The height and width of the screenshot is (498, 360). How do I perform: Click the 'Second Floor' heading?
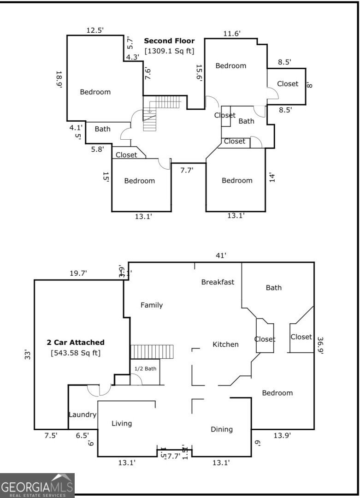click(169, 41)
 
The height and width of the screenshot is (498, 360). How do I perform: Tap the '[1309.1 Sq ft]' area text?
click(169, 51)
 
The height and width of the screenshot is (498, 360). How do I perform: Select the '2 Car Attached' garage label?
click(76, 342)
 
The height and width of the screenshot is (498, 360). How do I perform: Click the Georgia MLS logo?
click(37, 486)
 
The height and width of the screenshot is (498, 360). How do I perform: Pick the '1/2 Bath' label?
click(145, 368)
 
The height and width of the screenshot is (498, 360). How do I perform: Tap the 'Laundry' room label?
click(83, 415)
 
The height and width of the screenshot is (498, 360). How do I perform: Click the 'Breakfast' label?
click(218, 282)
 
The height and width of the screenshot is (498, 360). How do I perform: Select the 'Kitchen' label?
click(225, 344)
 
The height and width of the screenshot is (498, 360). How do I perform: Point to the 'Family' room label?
click(151, 305)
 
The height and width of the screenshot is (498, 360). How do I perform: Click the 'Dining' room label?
click(222, 429)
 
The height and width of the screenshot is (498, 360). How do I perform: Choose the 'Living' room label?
click(122, 423)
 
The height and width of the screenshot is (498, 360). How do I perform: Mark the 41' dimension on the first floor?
click(221, 255)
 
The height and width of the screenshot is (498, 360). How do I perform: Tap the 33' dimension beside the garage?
click(27, 355)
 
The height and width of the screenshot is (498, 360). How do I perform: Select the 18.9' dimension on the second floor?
click(59, 81)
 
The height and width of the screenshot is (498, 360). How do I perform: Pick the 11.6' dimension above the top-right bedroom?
click(232, 33)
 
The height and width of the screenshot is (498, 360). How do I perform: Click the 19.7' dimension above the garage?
click(78, 273)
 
